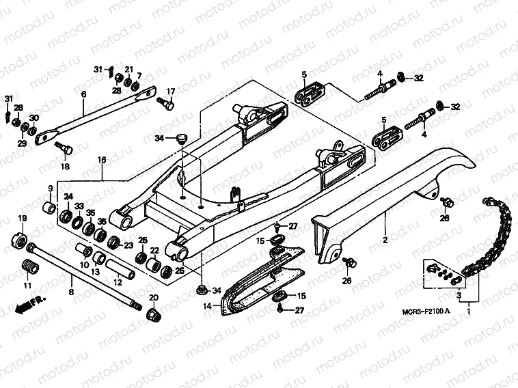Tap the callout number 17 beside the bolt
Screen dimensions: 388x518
pos(171,92)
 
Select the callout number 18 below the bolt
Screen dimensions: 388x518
pos(65,167)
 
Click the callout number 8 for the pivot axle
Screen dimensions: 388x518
pos(70,292)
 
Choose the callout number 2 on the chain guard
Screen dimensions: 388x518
pos(385,240)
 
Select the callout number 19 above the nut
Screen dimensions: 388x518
pos(21,218)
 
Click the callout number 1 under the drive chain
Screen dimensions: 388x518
pos(469,311)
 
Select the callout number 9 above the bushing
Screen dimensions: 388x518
pos(50,188)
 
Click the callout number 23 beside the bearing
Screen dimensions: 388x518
pos(128,246)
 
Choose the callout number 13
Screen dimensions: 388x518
pos(96,272)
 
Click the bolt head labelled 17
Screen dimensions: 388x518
pos(166,105)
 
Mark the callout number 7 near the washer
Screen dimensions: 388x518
pos(139,75)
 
